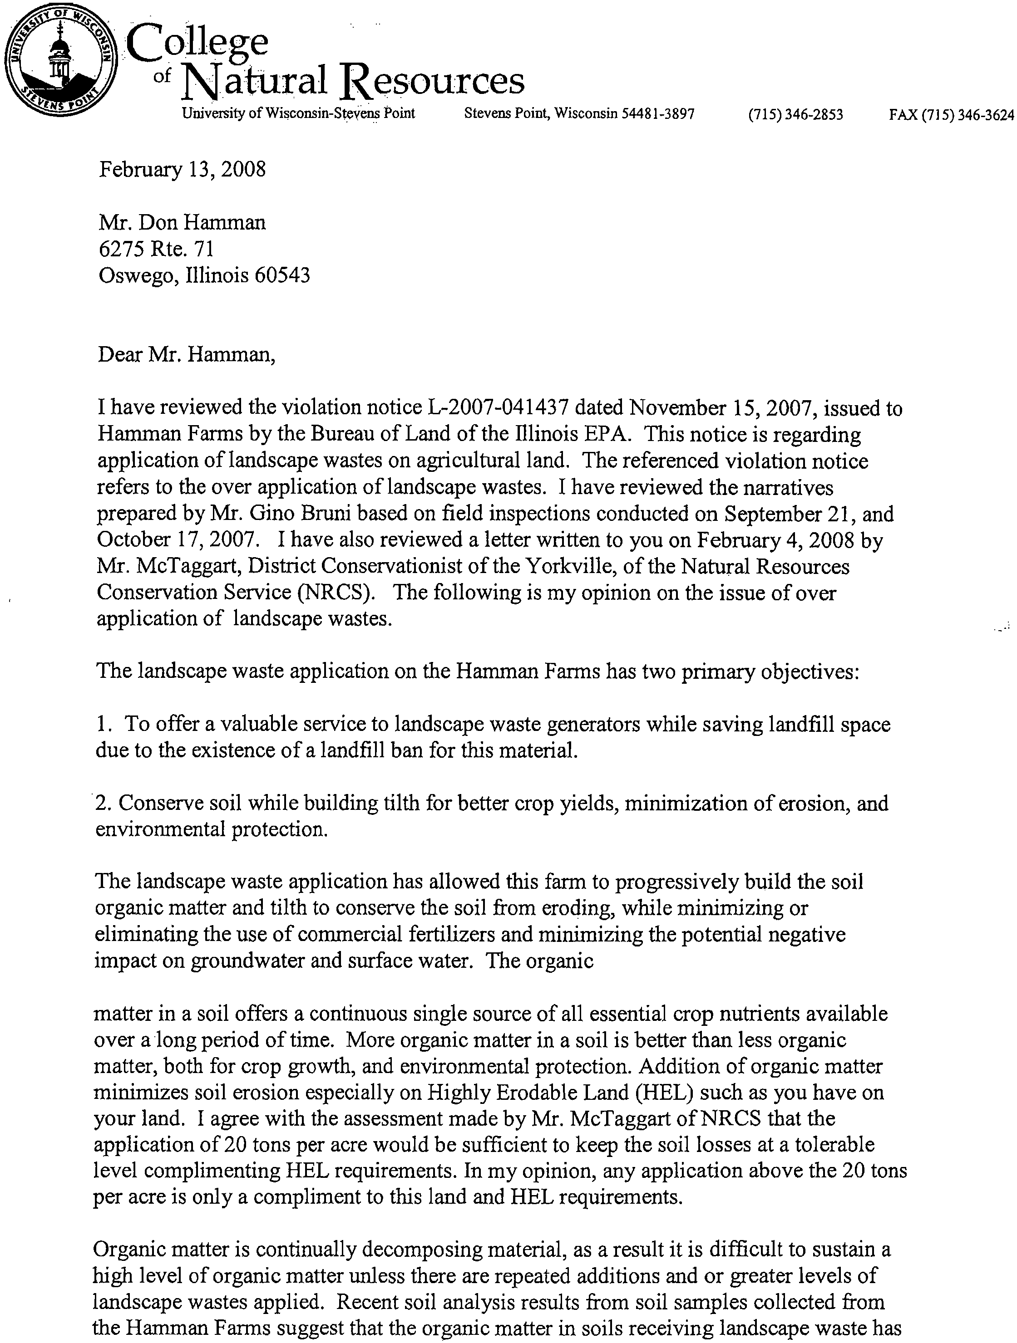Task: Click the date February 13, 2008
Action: [182, 169]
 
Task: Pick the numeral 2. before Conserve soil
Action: [103, 803]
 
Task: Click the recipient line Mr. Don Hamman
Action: [182, 223]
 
